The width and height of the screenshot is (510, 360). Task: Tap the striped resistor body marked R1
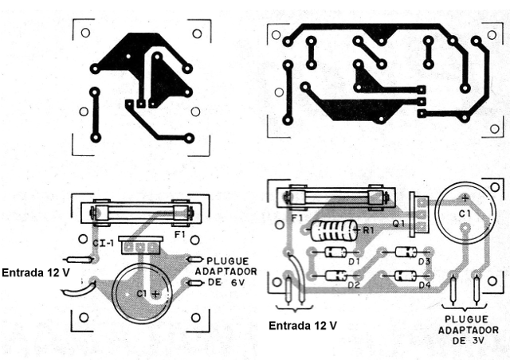point(334,232)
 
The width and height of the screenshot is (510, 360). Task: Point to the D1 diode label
point(355,260)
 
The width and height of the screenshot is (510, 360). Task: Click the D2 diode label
point(355,284)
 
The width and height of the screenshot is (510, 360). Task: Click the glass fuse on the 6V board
point(141,213)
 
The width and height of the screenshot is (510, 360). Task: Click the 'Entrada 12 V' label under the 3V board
point(302,326)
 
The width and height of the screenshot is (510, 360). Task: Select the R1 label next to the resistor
point(368,230)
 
